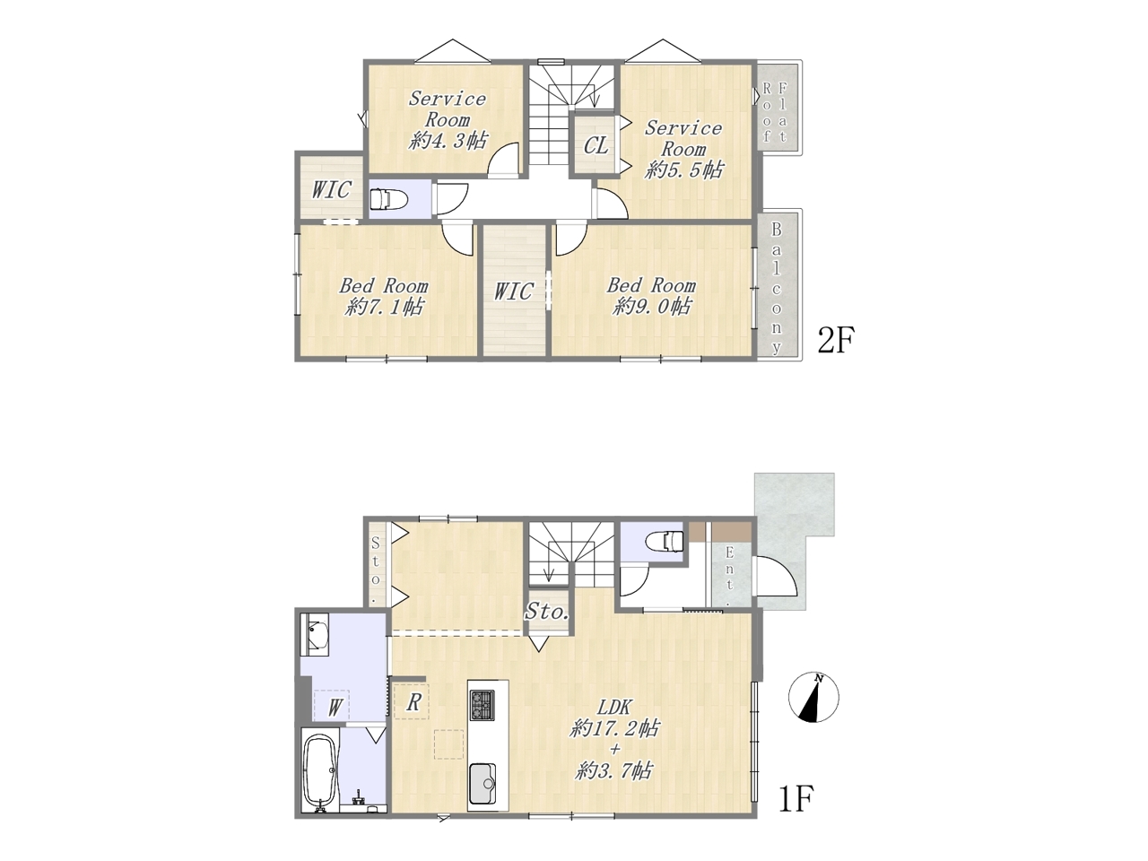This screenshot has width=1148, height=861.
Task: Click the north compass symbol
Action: pyautogui.click(x=813, y=698)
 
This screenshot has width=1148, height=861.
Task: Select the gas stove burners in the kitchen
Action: pyautogui.click(x=483, y=705)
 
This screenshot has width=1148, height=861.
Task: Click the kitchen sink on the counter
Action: pyautogui.click(x=483, y=784)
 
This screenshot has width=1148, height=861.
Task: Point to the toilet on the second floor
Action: pyautogui.click(x=388, y=199)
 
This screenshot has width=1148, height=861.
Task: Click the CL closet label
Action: pyautogui.click(x=596, y=146)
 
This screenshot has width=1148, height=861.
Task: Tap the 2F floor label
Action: pyautogui.click(x=835, y=341)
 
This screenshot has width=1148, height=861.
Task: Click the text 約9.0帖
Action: pyautogui.click(x=652, y=307)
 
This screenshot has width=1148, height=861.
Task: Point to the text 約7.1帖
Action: pyautogui.click(x=383, y=307)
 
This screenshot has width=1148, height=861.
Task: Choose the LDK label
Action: pyautogui.click(x=614, y=708)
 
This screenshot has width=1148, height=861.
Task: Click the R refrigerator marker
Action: pyautogui.click(x=413, y=703)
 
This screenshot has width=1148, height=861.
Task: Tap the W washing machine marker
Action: pyautogui.click(x=335, y=709)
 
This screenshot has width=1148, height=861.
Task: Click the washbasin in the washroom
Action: pyautogui.click(x=314, y=634)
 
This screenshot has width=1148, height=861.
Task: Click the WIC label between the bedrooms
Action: pyautogui.click(x=514, y=291)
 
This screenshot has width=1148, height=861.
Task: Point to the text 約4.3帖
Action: pyautogui.click(x=448, y=141)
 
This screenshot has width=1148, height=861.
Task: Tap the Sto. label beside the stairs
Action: pyautogui.click(x=546, y=611)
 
